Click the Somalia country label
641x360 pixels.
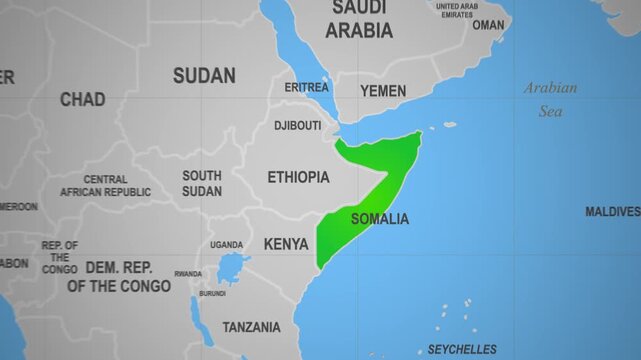coord(380,219)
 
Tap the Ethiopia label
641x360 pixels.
coord(298,177)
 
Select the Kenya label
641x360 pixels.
coord(286,244)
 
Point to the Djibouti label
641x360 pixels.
coord(298,126)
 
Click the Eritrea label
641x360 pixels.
coord(306,87)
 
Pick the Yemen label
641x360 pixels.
coord(383,91)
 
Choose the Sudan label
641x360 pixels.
coord(204,75)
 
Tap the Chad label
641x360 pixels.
coord(82,99)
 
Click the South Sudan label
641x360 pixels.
coord(202,183)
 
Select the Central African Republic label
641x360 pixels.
coord(105,186)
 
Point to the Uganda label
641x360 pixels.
coord(226,245)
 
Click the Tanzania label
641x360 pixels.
coord(251,327)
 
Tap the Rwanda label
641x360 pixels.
coord(187,273)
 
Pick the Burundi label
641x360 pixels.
coord(212,293)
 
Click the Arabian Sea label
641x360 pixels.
coord(551,99)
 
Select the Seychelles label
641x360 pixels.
coord(462,349)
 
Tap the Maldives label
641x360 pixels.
coord(612,212)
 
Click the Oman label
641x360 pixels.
coord(489,25)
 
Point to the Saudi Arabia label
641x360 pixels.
coord(360,20)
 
